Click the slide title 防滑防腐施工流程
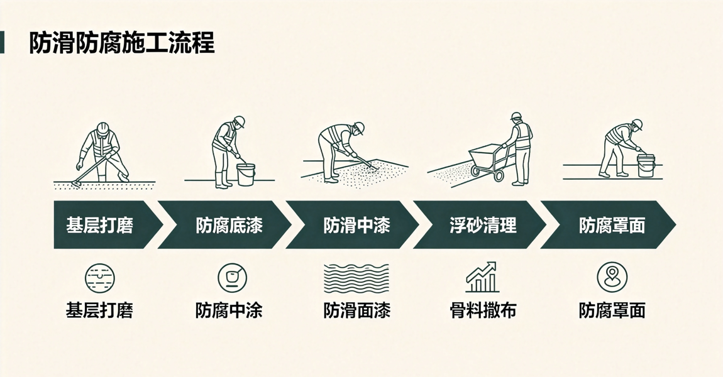pos(122,43)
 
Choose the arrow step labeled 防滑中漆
pos(352,225)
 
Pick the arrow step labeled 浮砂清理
pos(480,225)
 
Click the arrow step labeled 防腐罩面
pos(608,225)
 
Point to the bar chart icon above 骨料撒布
pos(482,277)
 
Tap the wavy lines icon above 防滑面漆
pos(356,278)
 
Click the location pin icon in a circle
pos(612,278)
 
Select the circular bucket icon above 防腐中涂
pos(232,278)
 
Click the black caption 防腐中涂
pos(229,310)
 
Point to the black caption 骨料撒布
pos(483,310)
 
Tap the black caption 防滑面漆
pos(357,310)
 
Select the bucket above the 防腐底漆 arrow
pos(246,174)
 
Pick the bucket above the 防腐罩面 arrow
pos(646,165)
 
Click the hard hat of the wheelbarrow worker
pos(516,116)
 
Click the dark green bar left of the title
pos(2,42)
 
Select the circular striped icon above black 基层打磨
pos(99,278)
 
